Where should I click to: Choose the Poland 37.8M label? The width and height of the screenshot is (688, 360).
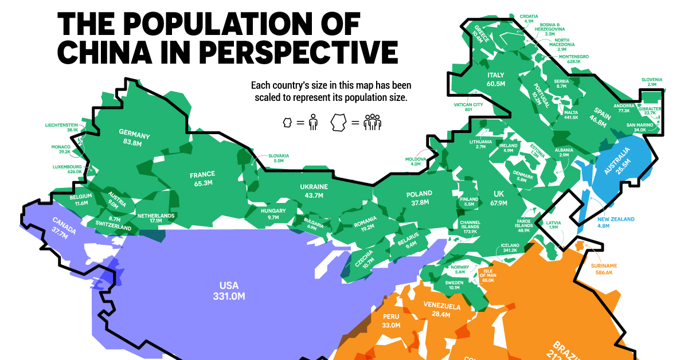[x=418, y=198]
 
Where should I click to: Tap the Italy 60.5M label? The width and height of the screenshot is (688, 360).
[x=495, y=79]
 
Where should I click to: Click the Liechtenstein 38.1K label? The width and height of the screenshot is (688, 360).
[x=64, y=127]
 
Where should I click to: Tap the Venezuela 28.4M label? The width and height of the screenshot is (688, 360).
[x=441, y=310]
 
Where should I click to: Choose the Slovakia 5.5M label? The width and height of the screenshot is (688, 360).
[x=279, y=159]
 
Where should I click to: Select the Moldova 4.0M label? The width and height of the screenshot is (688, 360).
[x=416, y=162]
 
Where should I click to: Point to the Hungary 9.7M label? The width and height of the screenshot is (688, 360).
[x=269, y=214]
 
